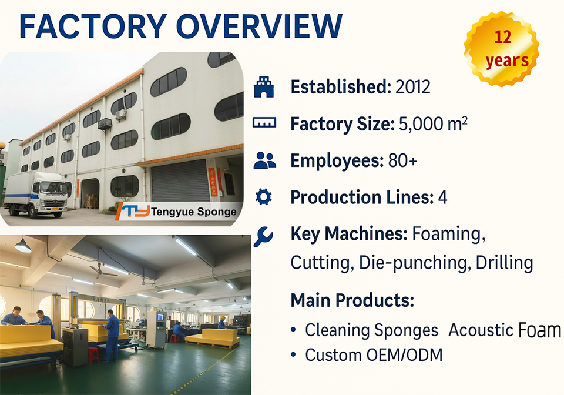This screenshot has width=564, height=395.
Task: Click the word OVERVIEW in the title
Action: click(259, 26)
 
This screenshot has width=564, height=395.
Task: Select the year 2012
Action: click(412, 86)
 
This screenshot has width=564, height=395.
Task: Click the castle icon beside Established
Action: click(264, 86)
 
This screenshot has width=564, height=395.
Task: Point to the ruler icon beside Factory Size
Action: click(264, 123)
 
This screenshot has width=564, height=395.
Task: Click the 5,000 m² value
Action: click(433, 124)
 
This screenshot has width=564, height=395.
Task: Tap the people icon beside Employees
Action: click(264, 160)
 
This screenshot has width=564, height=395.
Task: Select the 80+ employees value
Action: click(402, 160)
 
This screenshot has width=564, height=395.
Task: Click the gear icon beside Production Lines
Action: click(264, 197)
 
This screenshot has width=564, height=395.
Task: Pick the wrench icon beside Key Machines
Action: click(263, 236)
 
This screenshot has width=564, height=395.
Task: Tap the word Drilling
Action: click(504, 263)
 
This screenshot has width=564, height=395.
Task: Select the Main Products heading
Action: click(352, 300)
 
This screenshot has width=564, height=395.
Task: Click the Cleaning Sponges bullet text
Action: click(371, 330)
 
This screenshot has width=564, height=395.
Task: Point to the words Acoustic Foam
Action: click(505, 330)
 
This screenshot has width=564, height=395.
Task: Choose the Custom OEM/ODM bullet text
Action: click(374, 355)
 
